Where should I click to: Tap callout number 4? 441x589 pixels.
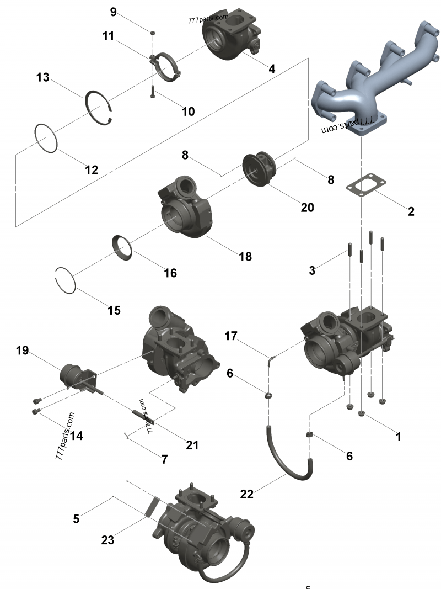[x=272, y=69]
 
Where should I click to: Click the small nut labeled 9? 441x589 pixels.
[x=153, y=33]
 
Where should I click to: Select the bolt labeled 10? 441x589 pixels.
[x=153, y=92]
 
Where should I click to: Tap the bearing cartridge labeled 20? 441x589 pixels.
[x=259, y=169]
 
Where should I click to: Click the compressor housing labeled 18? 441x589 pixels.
[x=184, y=206]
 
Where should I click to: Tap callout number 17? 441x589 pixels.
[x=231, y=336]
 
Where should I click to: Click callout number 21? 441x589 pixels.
[x=192, y=445]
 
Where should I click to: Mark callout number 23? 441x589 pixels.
[x=107, y=540]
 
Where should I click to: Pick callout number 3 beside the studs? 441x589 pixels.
[x=312, y=270]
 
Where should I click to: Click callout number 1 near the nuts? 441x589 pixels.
[x=398, y=437]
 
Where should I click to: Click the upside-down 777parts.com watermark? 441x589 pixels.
[x=348, y=125]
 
